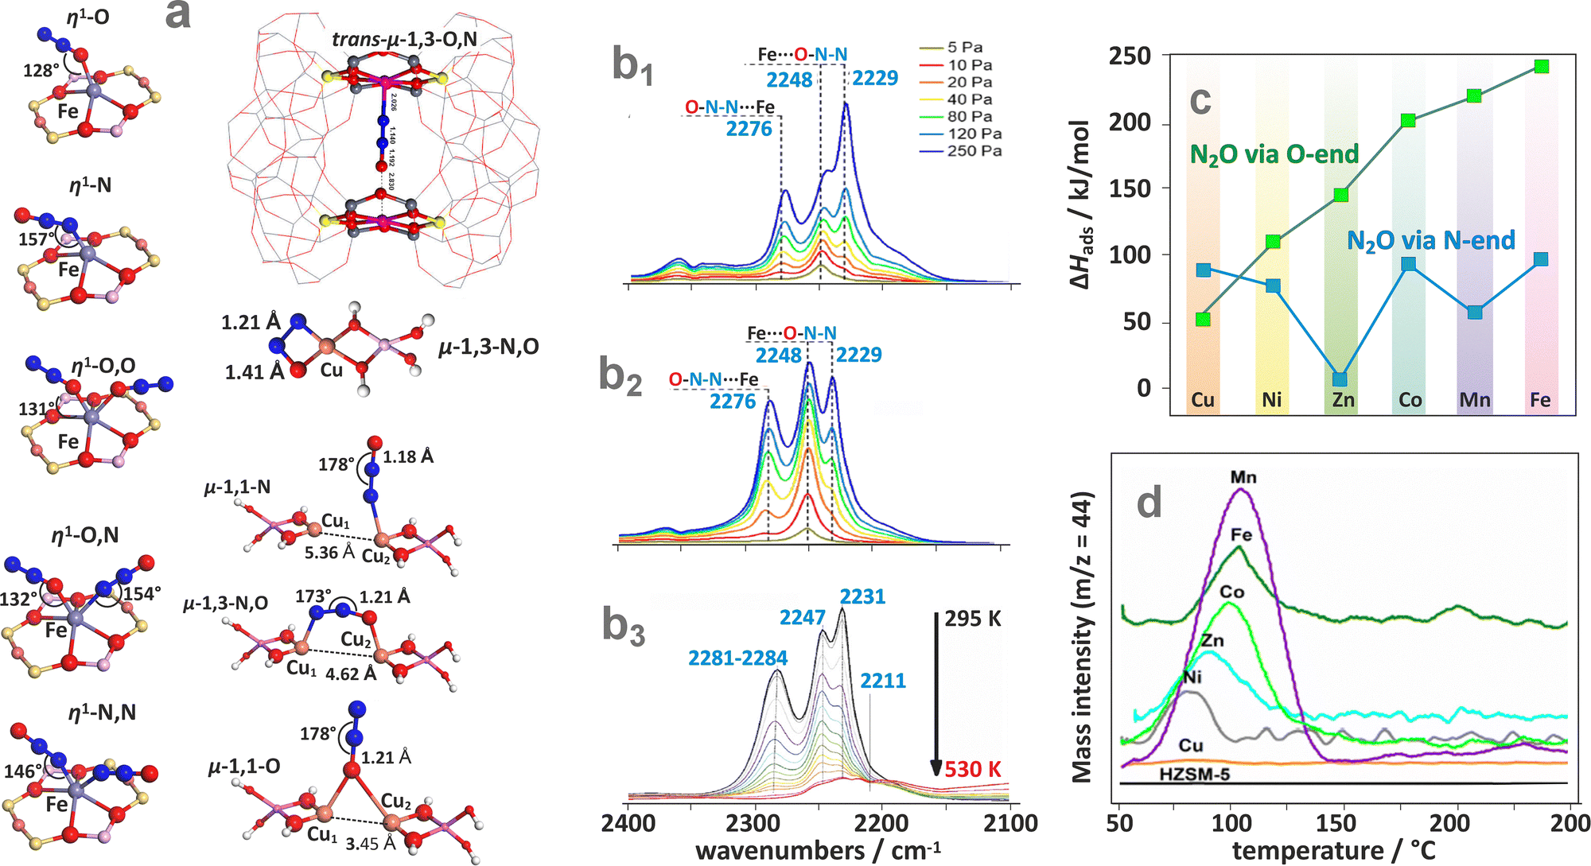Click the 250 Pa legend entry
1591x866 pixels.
point(974,151)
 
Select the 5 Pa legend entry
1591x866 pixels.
point(964,48)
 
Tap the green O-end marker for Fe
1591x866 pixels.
point(1541,67)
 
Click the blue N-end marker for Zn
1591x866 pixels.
point(1340,379)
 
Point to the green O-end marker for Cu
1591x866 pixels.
point(1203,320)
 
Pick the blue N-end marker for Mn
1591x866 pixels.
point(1475,312)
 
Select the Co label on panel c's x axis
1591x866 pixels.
point(1410,399)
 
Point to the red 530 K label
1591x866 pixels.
point(973,770)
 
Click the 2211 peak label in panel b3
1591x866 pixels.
point(883,681)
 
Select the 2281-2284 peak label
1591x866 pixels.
point(737,658)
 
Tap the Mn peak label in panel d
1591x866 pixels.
point(1243,477)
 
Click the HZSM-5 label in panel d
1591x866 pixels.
point(1194,774)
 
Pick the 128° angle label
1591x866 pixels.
point(41,71)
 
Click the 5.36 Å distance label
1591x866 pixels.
point(329,552)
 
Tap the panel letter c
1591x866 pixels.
point(1200,101)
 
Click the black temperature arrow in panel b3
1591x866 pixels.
point(937,692)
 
